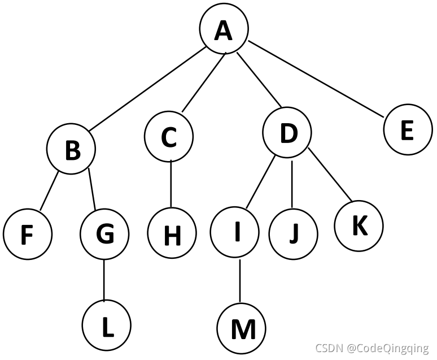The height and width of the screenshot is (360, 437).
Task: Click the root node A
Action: (x=224, y=31)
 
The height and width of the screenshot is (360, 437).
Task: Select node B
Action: (x=71, y=150)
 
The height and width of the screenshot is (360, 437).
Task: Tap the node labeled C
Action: (x=169, y=137)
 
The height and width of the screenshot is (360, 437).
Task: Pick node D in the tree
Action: (x=287, y=134)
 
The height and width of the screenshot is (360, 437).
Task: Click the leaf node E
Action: (x=408, y=131)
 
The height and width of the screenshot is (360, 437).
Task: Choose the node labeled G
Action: (x=104, y=234)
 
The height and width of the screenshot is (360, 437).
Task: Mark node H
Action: (x=172, y=235)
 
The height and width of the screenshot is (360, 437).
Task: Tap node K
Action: (x=359, y=226)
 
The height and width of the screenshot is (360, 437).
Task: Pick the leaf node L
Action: (x=107, y=326)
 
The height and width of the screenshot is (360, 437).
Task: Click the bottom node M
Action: (x=241, y=329)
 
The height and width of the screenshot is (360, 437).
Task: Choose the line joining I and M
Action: (x=239, y=281)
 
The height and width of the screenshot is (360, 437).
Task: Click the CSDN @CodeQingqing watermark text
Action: (x=372, y=348)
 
